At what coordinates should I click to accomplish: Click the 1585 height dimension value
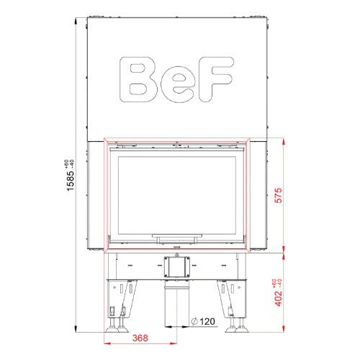pos(71,181)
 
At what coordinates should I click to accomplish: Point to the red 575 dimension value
pos(279,196)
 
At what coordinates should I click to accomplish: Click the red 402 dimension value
pos(279,298)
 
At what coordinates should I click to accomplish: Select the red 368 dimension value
pos(140,338)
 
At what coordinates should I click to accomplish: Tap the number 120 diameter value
pos(207,321)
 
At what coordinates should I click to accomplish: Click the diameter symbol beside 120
pos(194,321)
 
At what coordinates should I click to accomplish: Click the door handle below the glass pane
pos(177,236)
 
